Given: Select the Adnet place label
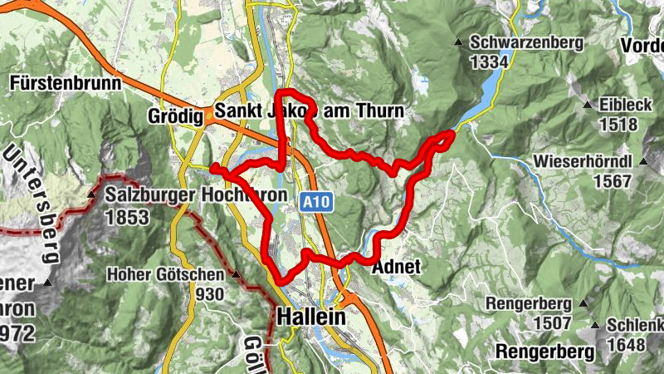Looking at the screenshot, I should coord(398,268).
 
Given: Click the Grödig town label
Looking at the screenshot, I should coord(176,116).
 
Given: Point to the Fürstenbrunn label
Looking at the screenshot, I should coord(63,82).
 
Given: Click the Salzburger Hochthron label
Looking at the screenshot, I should coord(197,195).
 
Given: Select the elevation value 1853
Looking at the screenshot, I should coord(127,218).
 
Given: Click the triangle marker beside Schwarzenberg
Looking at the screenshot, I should coord(457,42).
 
